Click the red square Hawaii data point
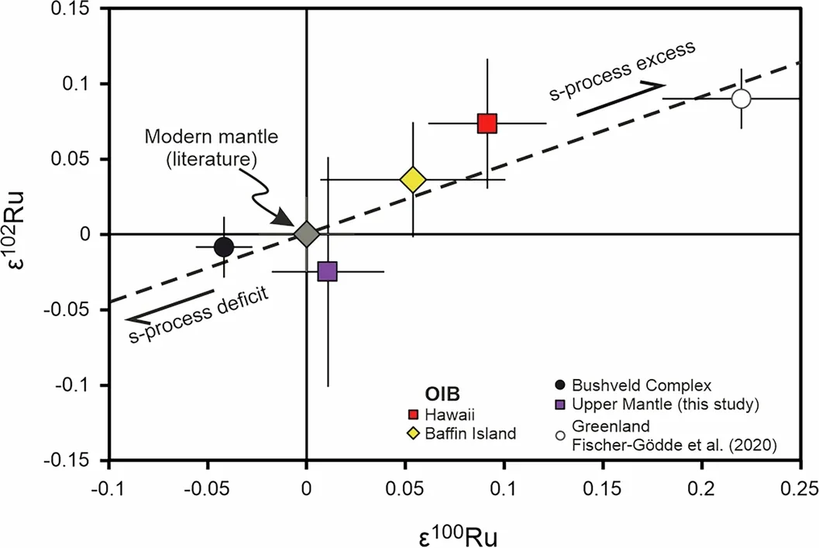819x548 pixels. [487, 123]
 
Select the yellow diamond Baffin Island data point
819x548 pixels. [413, 180]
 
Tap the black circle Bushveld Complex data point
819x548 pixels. [223, 247]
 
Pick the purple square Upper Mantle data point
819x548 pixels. [327, 271]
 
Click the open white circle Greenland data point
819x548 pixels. [742, 98]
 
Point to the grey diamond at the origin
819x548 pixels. [307, 234]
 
